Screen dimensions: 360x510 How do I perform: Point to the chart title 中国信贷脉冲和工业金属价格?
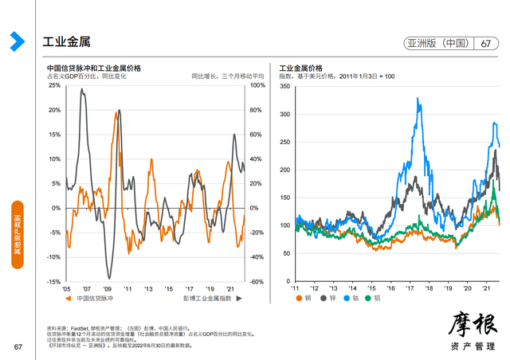[94, 68]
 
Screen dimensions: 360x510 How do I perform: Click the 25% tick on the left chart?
[54, 84]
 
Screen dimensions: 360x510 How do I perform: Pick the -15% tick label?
[53, 282]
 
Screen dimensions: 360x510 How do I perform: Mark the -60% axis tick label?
[256, 282]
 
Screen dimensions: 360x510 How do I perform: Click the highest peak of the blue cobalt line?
[418, 98]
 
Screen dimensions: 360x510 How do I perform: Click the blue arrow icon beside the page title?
[14, 41]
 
